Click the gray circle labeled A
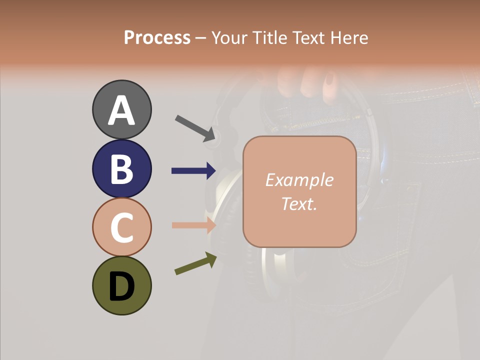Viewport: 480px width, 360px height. click(121, 109)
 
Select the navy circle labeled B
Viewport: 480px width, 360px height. click(121, 168)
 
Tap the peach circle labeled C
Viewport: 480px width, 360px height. click(121, 227)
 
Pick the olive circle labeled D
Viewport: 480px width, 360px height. click(121, 285)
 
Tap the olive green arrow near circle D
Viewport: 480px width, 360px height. click(195, 264)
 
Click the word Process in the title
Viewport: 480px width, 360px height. click(157, 37)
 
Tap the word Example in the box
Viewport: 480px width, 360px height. click(299, 180)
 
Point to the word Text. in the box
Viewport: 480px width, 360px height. click(299, 203)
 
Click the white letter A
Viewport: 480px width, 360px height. click(121, 110)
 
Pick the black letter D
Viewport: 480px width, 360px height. click(121, 286)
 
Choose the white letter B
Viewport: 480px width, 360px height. click(121, 169)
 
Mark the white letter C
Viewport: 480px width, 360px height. click(121, 227)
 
